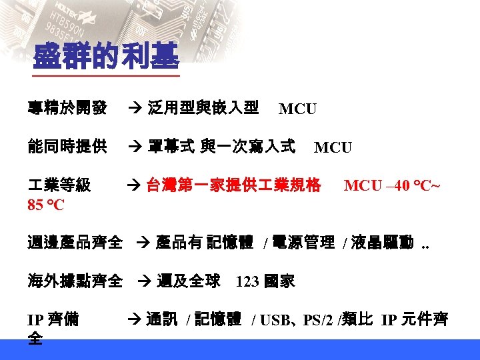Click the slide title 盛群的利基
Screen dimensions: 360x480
pos(106,57)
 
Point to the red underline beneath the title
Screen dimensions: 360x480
pos(106,75)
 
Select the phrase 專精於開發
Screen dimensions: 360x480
pos(67,107)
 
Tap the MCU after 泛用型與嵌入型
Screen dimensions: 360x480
pos(297,109)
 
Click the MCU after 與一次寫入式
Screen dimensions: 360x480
pos(333,147)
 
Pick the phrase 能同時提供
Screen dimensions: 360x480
pos(67,146)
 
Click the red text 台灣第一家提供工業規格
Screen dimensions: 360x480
pos(233,185)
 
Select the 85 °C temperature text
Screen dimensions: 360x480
pos(46,205)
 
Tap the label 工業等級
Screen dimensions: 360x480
pos(59,185)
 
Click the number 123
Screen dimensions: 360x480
pos(247,282)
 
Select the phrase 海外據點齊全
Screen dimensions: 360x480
pos(75,281)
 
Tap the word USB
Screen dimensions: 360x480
pos(273,321)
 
